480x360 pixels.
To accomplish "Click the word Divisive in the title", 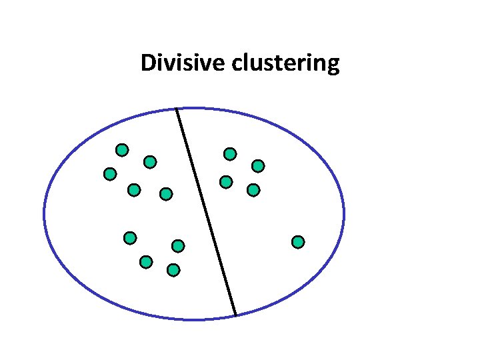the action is click(183, 63).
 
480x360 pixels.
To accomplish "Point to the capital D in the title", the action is click(147, 63).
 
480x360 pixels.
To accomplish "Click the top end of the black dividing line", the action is click(177, 109).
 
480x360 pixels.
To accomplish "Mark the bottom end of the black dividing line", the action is click(235, 314).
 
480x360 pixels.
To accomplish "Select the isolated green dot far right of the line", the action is click(298, 241).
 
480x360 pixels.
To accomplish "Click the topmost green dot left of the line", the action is click(122, 149).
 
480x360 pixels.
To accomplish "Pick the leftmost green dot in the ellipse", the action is click(110, 174).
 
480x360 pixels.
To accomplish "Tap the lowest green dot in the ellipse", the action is click(173, 270).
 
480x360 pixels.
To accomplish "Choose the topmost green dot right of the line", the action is click(230, 154).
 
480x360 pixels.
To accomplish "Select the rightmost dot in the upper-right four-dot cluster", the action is click(258, 165).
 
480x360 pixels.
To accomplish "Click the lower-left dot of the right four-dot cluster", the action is click(226, 181).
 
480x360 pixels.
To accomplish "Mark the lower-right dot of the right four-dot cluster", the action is click(253, 190).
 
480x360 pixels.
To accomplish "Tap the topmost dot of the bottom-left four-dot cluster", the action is click(130, 237).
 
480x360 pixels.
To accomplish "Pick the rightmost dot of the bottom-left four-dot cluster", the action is click(178, 246).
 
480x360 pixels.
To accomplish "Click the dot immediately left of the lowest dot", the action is click(146, 262).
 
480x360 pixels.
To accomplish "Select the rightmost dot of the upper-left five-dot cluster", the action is click(166, 194).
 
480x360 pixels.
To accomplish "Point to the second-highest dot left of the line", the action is click(150, 161).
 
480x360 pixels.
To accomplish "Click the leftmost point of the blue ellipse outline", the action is click(44, 214).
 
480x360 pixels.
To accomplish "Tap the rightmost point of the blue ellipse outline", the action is click(344, 214).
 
